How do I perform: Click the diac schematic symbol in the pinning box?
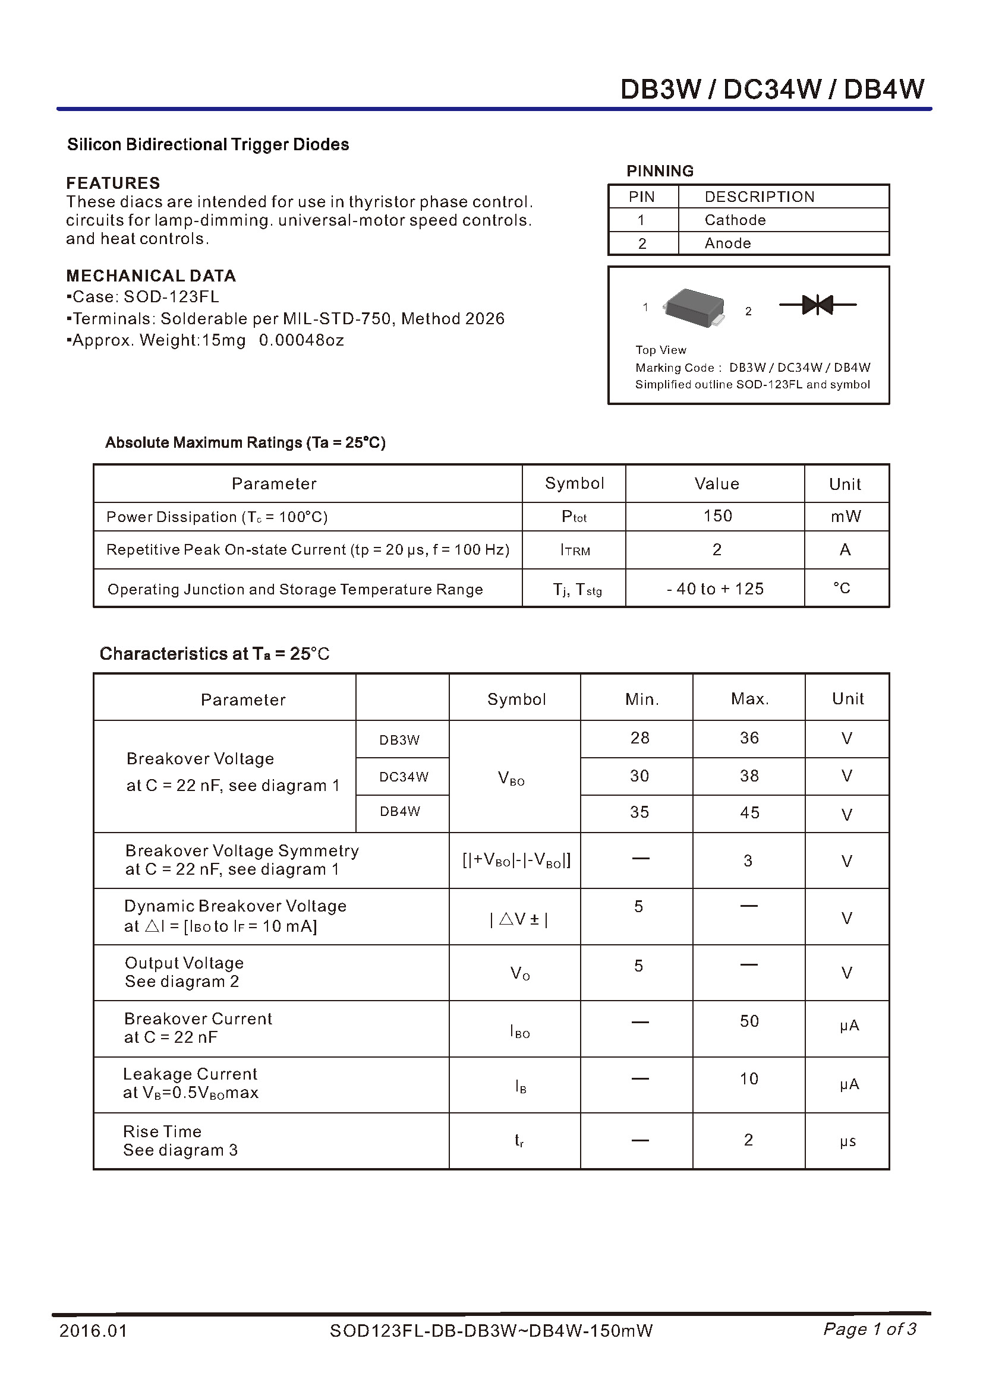point(817,305)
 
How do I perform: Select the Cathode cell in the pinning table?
point(735,220)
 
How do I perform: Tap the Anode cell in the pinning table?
point(727,243)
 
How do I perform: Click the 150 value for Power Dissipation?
point(717,516)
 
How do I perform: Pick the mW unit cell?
point(846,516)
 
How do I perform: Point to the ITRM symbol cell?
point(575,550)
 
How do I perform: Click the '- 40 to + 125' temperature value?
point(716,588)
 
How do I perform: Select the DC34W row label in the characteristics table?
point(403,777)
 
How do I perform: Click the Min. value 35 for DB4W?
point(639,812)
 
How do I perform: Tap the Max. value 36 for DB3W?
point(749,738)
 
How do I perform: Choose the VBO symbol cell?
point(512,778)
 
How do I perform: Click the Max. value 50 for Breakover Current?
point(749,1021)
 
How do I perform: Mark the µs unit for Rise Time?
point(847,1141)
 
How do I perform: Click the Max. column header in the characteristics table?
point(749,700)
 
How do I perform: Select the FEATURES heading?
point(113,183)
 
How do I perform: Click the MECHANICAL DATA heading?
point(151,276)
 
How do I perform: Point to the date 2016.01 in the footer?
point(93,1330)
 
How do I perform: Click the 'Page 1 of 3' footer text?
point(869,1329)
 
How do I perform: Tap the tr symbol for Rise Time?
point(519,1140)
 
